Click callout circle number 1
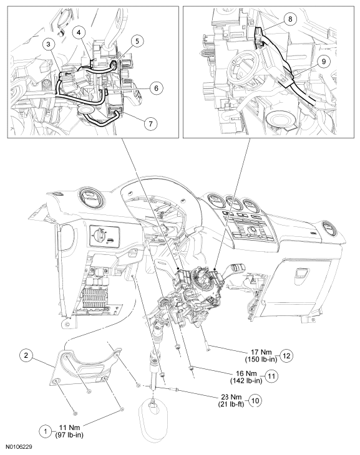pos(46,431)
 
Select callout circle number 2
pos(26,355)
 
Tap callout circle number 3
pos(49,44)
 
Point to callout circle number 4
pos(79,32)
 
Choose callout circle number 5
pos(137,41)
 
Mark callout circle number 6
pos(157,88)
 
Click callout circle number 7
pos(151,123)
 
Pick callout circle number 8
pos(290,19)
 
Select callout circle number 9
pos(324,61)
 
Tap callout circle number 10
pos(255,400)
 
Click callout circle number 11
pos(271,376)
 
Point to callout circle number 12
pos(286,355)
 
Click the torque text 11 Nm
pos(69,428)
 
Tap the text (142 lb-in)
pos(246,380)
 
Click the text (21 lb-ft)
pos(231,404)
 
